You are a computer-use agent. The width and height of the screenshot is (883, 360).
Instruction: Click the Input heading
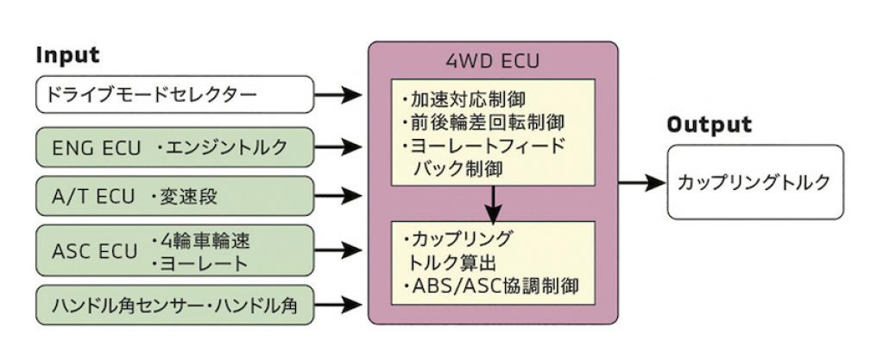(67, 55)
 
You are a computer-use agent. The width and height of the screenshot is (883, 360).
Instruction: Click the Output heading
(709, 124)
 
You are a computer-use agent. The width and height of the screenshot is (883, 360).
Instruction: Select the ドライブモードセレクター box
(174, 95)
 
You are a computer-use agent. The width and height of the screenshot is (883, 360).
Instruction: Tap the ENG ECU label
(96, 148)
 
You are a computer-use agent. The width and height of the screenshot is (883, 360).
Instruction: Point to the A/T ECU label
(93, 197)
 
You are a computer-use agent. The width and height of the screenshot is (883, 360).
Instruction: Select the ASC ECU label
(94, 251)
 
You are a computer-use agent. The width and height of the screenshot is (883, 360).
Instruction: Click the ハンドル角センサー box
(174, 306)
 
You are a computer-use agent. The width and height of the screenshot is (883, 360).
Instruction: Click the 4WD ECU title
(493, 60)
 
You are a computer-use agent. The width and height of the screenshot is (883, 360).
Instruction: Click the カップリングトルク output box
(755, 182)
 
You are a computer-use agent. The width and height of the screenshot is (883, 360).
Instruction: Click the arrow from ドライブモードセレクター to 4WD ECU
(337, 95)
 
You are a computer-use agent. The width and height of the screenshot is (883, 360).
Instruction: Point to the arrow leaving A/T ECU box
(337, 196)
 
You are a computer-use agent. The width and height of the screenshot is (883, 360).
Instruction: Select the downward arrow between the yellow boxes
(494, 204)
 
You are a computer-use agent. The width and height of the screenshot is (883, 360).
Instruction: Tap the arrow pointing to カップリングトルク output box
(642, 182)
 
